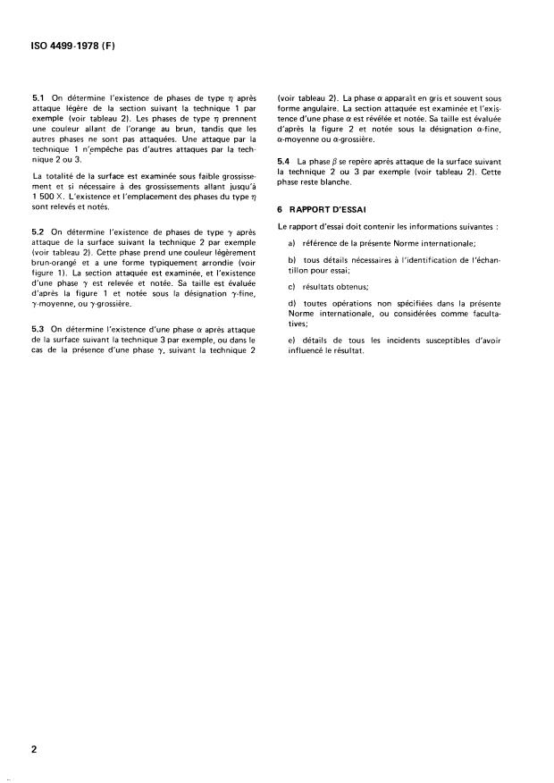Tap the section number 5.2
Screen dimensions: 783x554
38,231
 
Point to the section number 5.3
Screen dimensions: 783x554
38,331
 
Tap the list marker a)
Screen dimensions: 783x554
292,244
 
